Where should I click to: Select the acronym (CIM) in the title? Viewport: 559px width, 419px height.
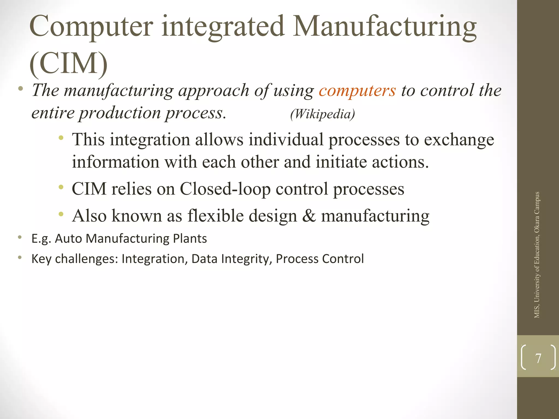point(68,64)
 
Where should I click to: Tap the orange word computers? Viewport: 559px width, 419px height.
point(357,91)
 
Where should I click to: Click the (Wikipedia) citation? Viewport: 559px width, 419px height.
point(322,114)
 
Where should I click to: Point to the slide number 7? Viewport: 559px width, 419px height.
point(538,358)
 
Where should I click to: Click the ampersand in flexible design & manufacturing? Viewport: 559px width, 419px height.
point(309,216)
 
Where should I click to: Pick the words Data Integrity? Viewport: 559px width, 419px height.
point(231,259)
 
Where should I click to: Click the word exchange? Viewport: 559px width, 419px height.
point(459,140)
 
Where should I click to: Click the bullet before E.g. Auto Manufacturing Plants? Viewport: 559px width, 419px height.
point(20,238)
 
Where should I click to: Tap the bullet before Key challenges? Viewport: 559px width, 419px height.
point(20,258)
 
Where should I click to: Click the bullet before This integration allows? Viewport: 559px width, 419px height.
point(61,138)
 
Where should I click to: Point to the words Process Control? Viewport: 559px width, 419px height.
point(320,259)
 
